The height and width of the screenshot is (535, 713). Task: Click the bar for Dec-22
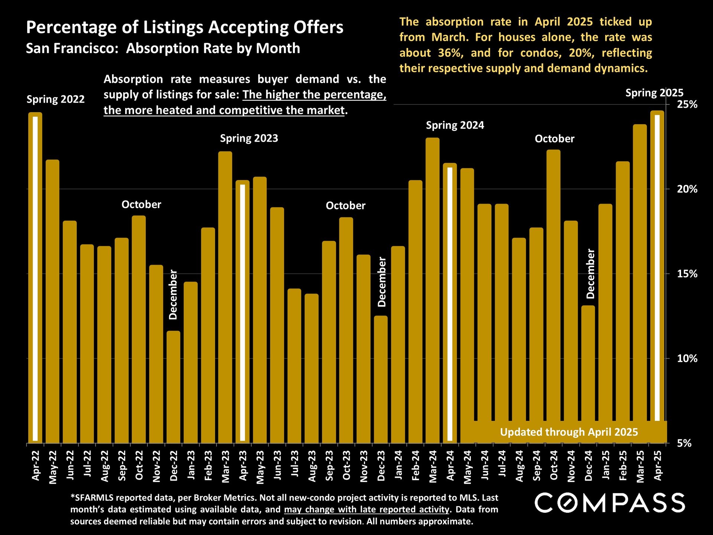tap(173, 386)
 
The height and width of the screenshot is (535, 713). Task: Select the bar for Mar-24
tap(433, 290)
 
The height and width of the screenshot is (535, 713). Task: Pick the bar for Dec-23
tap(381, 379)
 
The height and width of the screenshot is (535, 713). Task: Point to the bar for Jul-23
tap(294, 366)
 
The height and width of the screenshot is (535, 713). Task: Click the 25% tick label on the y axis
tap(687, 104)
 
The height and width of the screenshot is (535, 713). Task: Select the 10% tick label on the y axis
tap(687, 359)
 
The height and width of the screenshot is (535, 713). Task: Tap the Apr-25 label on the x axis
tap(658, 466)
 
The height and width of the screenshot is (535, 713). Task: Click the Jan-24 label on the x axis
tap(398, 465)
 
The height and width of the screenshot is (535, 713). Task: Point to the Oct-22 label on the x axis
tap(139, 466)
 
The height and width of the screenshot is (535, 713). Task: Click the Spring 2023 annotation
tap(249, 138)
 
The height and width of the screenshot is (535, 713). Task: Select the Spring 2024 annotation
tap(455, 125)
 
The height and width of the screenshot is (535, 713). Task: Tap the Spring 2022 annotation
tap(56, 99)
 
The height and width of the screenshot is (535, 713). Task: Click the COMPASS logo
tap(610, 503)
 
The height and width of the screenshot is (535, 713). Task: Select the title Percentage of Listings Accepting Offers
tap(185, 27)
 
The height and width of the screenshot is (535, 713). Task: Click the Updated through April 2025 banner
tap(569, 432)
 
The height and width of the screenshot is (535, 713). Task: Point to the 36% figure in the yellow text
tap(450, 53)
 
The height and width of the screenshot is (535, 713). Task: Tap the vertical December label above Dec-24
tap(590, 274)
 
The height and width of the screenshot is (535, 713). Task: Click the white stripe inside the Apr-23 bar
tap(242, 312)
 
